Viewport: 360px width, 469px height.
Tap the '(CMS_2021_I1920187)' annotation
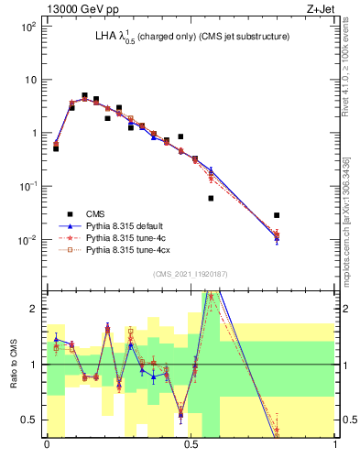coord(191,275)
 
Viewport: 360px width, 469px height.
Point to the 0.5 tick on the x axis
coord(191,445)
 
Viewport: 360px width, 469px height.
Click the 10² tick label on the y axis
coord(28,26)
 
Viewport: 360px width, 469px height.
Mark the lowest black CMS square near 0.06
coord(211,198)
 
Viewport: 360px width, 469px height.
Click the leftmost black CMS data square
coord(56,147)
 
